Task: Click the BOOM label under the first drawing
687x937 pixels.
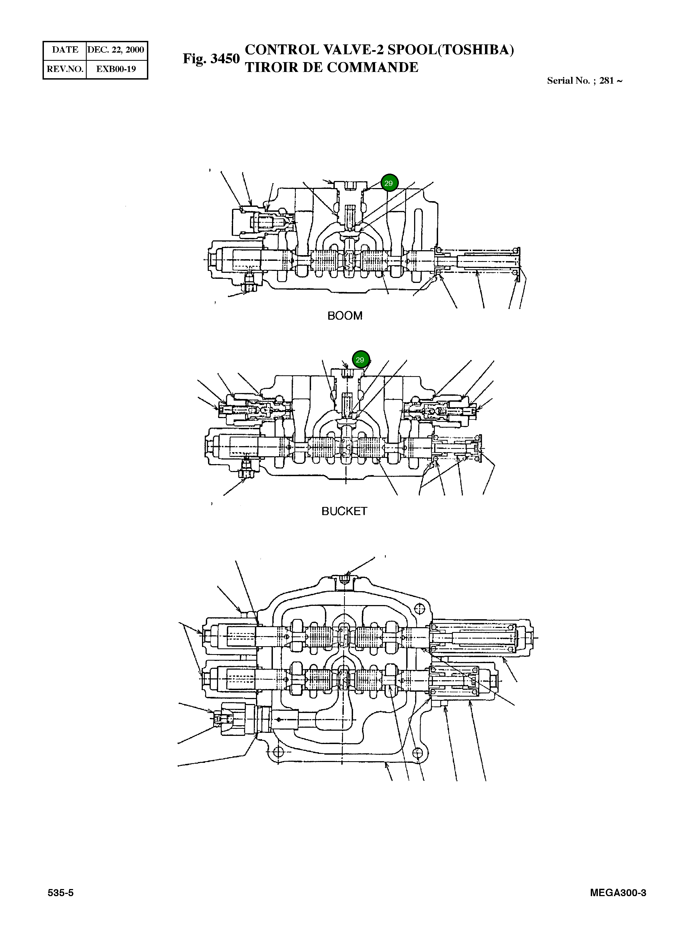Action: click(x=345, y=316)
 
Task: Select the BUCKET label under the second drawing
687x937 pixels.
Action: click(x=344, y=511)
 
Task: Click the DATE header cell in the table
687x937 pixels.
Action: click(x=65, y=50)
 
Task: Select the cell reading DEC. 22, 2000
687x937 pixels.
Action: click(x=116, y=50)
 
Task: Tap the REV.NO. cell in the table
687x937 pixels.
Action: click(x=65, y=69)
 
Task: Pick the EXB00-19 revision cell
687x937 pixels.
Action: click(x=116, y=69)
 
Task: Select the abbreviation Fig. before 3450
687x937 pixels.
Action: click(x=195, y=59)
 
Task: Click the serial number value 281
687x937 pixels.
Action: click(x=607, y=81)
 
